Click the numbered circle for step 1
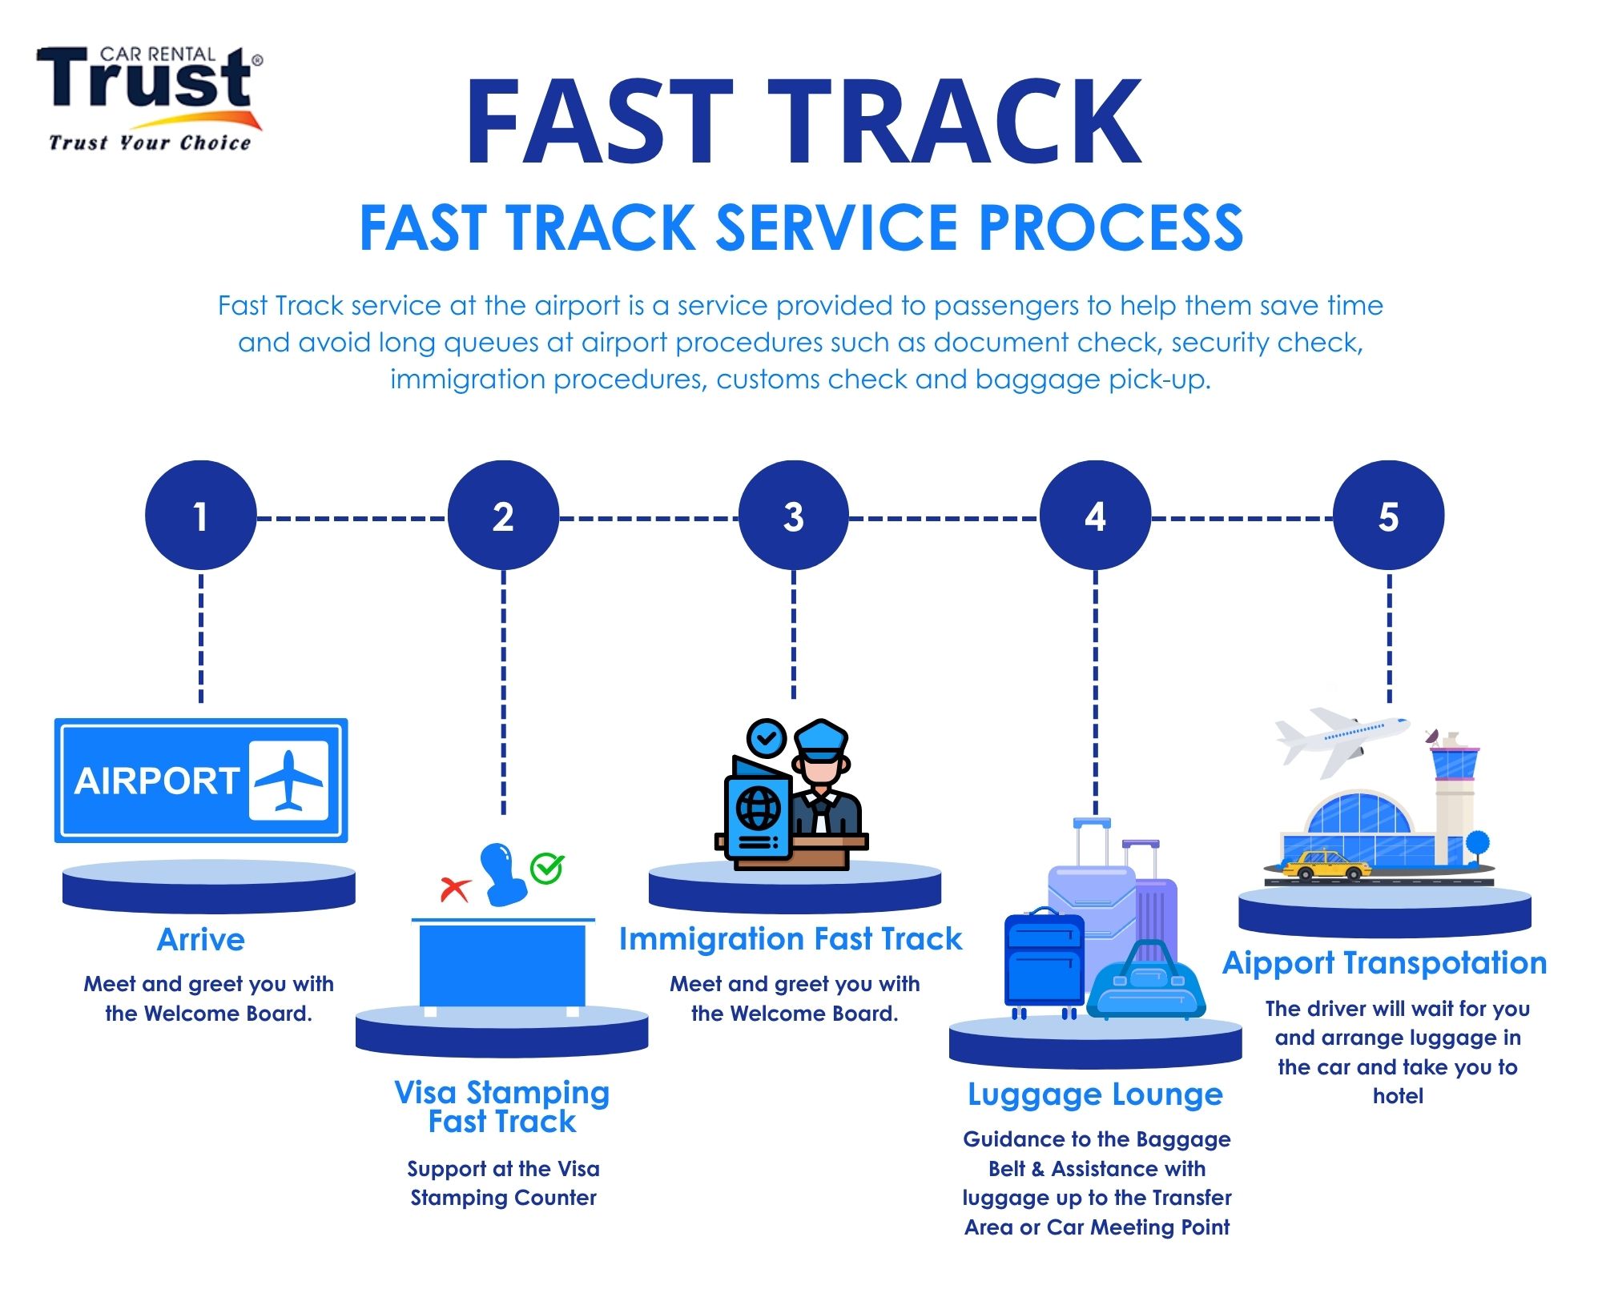200,516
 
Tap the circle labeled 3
793,516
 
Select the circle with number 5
1388,516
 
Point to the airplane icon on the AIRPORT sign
288,780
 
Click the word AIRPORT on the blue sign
157,781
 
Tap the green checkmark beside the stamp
548,868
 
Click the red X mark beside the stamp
455,888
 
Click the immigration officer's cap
821,740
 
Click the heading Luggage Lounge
1095,1094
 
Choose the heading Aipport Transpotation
1384,962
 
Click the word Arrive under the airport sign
200,939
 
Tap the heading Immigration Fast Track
791,939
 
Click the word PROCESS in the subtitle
1111,228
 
